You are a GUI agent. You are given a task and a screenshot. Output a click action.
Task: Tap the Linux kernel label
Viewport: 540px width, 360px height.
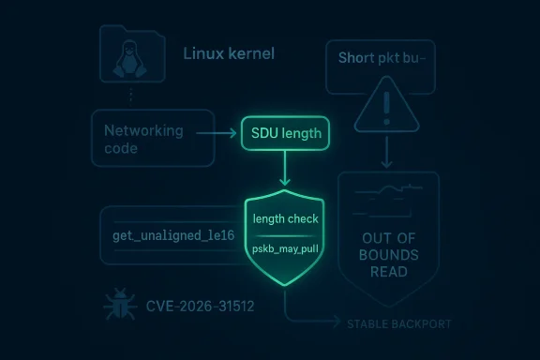[230, 53]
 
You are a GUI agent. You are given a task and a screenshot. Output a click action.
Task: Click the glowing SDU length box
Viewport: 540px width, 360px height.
[285, 133]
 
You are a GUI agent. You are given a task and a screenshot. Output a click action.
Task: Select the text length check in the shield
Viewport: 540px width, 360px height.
[286, 218]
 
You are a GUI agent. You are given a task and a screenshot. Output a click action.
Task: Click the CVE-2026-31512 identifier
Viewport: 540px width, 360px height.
[200, 306]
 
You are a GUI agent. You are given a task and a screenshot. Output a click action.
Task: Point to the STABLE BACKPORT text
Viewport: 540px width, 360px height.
[398, 324]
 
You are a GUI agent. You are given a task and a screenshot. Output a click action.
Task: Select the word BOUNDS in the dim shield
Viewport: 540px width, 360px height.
[387, 255]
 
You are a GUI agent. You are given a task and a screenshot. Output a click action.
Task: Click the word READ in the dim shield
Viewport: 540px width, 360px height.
[387, 272]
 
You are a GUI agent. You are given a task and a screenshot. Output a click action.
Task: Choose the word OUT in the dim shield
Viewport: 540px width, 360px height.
[387, 238]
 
